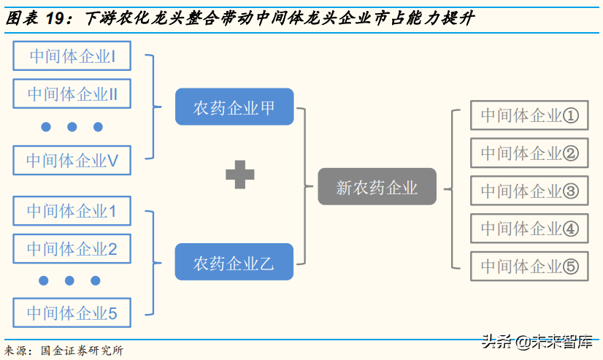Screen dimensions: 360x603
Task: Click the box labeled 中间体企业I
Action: pyautogui.click(x=72, y=56)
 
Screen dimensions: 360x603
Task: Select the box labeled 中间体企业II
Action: pyautogui.click(x=72, y=94)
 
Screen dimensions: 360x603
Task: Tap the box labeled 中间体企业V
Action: pyautogui.click(x=72, y=160)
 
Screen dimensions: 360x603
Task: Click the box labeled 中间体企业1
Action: pyautogui.click(x=72, y=211)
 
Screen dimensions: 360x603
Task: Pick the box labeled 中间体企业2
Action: pyautogui.click(x=72, y=248)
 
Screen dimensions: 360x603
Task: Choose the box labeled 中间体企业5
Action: pyautogui.click(x=72, y=313)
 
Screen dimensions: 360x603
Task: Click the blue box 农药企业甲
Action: pyautogui.click(x=234, y=107)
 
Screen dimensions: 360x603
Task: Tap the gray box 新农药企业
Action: pyautogui.click(x=377, y=187)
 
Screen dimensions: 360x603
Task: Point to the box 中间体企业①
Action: pyautogui.click(x=529, y=115)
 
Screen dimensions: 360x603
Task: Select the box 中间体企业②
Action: pyautogui.click(x=529, y=153)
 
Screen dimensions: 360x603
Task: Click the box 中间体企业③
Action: pyautogui.click(x=529, y=191)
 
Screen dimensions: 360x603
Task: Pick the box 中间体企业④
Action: pyautogui.click(x=529, y=229)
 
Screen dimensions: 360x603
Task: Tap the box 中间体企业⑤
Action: pyautogui.click(x=529, y=267)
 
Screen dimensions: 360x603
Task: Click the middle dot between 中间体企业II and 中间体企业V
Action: pyautogui.click(x=72, y=127)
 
